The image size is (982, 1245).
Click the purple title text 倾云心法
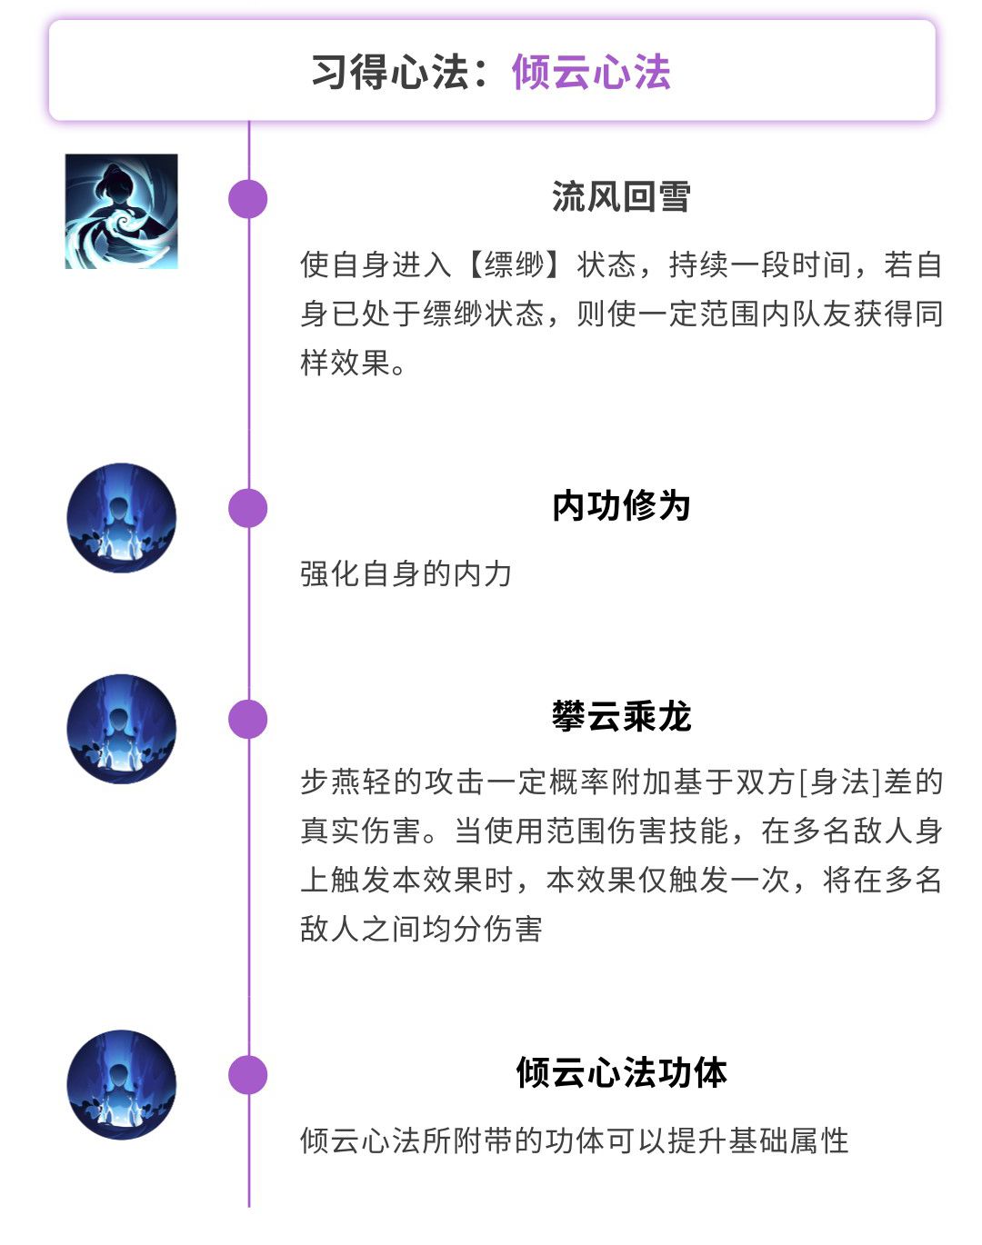click(591, 73)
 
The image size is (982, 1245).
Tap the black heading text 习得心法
click(390, 73)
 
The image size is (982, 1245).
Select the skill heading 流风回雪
click(621, 196)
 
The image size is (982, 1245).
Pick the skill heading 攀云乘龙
click(621, 716)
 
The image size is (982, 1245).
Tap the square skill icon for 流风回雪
click(122, 211)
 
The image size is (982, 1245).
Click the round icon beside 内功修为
click(122, 518)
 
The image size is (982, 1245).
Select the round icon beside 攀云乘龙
click(122, 729)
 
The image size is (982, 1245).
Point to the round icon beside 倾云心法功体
click(122, 1085)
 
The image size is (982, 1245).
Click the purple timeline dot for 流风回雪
click(248, 199)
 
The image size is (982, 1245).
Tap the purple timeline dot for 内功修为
click(248, 508)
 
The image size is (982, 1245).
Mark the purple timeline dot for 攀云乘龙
click(248, 719)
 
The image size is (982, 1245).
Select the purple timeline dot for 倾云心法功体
click(248, 1075)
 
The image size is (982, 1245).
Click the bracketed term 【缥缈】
click(514, 265)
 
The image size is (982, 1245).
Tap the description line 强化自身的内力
click(406, 574)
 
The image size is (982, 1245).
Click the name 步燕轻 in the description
click(346, 782)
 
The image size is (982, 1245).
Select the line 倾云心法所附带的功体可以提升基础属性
click(574, 1140)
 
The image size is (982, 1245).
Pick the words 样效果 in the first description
click(346, 364)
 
